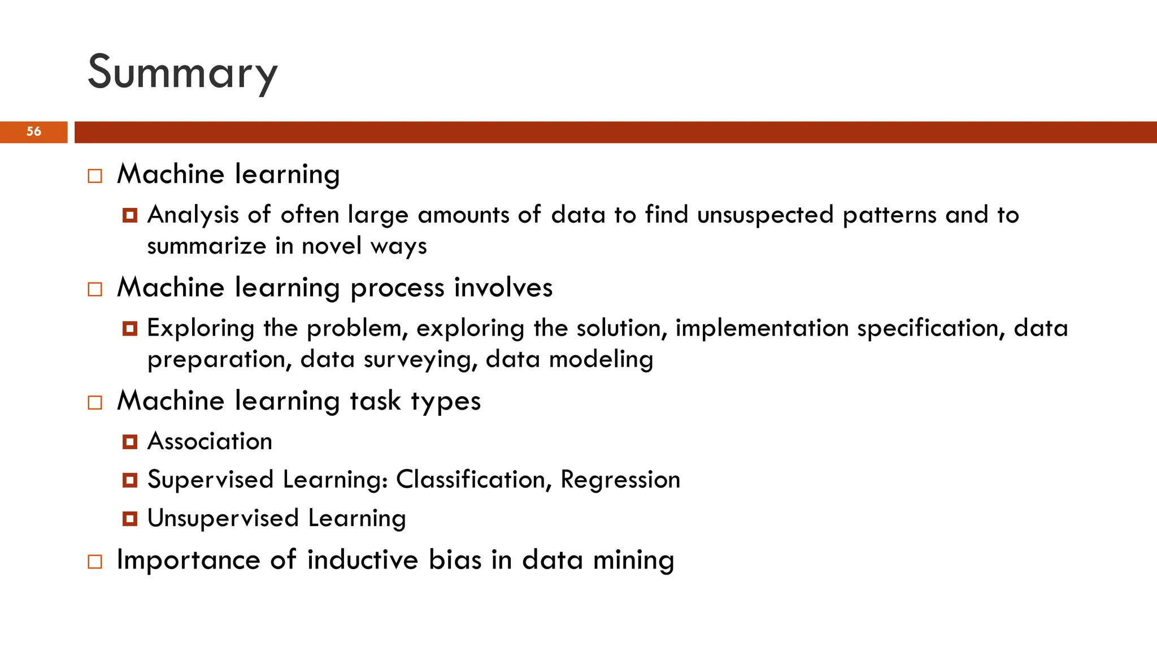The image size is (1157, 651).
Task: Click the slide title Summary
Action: tap(182, 72)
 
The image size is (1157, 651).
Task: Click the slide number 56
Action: tap(34, 132)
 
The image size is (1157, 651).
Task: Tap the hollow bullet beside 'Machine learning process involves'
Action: tap(95, 289)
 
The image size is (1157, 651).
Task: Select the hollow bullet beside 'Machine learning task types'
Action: tap(95, 402)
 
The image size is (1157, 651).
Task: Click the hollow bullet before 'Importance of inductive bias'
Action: tap(95, 562)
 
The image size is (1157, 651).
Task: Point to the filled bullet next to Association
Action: tap(130, 442)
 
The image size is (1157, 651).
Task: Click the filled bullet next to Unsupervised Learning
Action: tap(130, 519)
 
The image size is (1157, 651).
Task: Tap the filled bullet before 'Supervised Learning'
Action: tap(130, 480)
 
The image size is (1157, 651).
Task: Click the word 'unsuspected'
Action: tap(765, 215)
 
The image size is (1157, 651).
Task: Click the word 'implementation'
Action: tap(762, 328)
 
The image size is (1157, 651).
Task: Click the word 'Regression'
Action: tap(620, 480)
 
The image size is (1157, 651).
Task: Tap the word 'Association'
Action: tap(210, 441)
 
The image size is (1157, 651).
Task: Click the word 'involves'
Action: tap(503, 288)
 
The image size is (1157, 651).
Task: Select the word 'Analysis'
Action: tap(193, 215)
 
